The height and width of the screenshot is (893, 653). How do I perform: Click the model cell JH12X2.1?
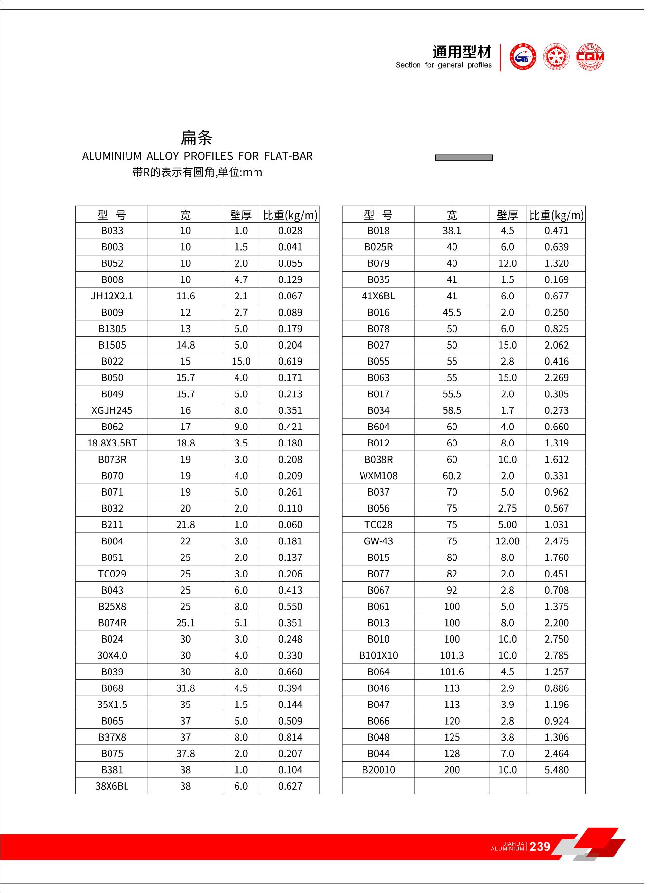[112, 296]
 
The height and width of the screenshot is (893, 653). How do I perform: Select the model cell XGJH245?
[112, 410]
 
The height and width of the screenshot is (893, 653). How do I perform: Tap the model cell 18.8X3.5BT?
[112, 443]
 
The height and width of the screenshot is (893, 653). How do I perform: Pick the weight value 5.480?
[557, 770]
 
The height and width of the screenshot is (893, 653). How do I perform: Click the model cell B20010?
[379, 770]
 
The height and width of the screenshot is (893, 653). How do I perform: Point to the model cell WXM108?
[379, 476]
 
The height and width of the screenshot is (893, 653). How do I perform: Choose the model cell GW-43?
[379, 541]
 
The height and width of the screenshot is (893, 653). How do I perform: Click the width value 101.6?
[452, 672]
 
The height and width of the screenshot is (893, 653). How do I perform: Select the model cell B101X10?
[379, 655]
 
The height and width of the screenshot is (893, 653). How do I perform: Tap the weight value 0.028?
[290, 231]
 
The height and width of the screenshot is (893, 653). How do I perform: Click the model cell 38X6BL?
[112, 786]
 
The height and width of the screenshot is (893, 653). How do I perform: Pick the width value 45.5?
[452, 313]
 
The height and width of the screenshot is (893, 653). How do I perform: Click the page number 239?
[540, 847]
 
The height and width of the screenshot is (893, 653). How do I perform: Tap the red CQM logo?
[590, 57]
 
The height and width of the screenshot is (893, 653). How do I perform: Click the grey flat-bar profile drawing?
[464, 158]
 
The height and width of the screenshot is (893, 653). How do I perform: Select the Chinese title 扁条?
[197, 138]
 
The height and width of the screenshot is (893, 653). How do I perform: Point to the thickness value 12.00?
[508, 541]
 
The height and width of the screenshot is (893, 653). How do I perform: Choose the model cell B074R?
[112, 623]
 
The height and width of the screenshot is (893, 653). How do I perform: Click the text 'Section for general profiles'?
[443, 65]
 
